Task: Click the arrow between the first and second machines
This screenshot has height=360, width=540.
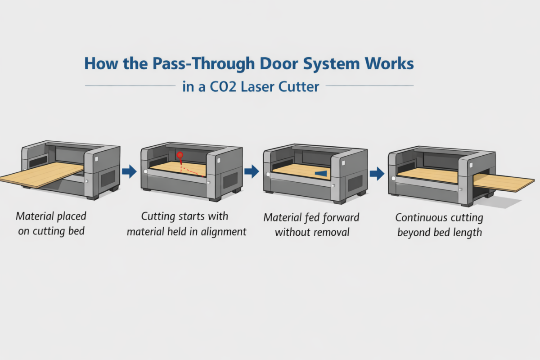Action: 130,171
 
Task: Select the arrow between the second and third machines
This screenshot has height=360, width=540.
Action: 252,171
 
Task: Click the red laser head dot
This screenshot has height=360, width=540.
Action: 180,156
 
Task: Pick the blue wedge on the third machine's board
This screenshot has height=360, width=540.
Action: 321,173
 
